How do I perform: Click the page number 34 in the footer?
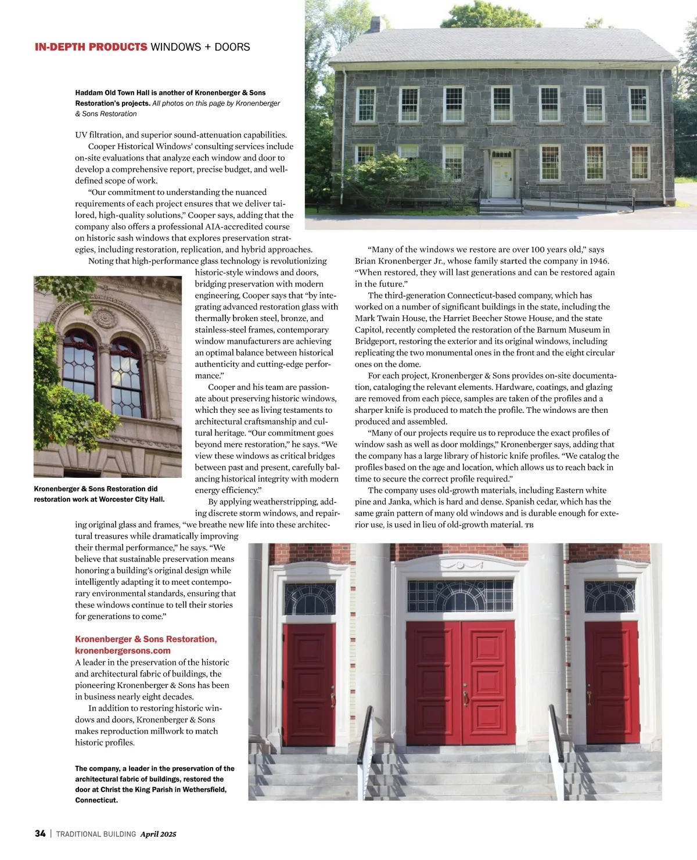[40, 833]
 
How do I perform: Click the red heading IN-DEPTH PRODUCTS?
[91, 47]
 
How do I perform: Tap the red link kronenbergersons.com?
[123, 650]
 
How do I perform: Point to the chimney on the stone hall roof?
[375, 24]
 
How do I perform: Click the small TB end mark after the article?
[529, 525]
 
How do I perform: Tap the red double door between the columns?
[461, 682]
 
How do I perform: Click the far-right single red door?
[612, 682]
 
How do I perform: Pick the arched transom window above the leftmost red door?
[310, 599]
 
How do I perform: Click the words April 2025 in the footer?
[158, 834]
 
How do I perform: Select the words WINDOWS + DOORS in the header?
[200, 47]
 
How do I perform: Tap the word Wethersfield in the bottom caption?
[204, 790]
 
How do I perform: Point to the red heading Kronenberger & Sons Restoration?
[146, 639]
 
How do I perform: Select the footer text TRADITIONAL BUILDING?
[96, 834]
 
